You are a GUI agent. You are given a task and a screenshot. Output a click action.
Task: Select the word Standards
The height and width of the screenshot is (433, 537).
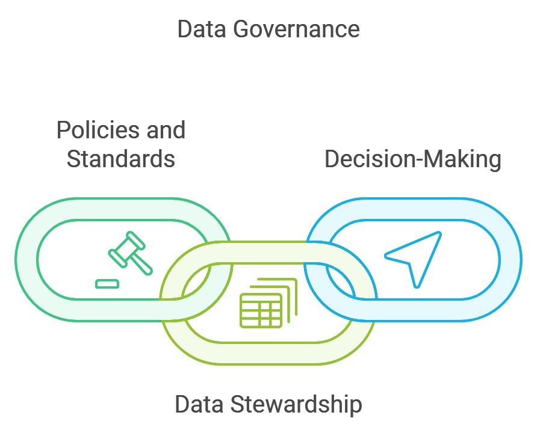(x=120, y=159)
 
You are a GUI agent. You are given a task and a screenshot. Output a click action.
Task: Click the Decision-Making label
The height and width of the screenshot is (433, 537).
(x=412, y=159)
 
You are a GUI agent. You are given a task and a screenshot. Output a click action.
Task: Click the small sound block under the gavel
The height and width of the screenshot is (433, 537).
(x=107, y=283)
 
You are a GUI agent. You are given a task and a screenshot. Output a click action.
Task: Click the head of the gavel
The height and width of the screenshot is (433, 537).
(x=126, y=247)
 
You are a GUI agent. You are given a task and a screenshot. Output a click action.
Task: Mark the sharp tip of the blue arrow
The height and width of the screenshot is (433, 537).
(x=441, y=233)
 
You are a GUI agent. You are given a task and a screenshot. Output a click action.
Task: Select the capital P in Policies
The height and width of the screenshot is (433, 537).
(x=62, y=130)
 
